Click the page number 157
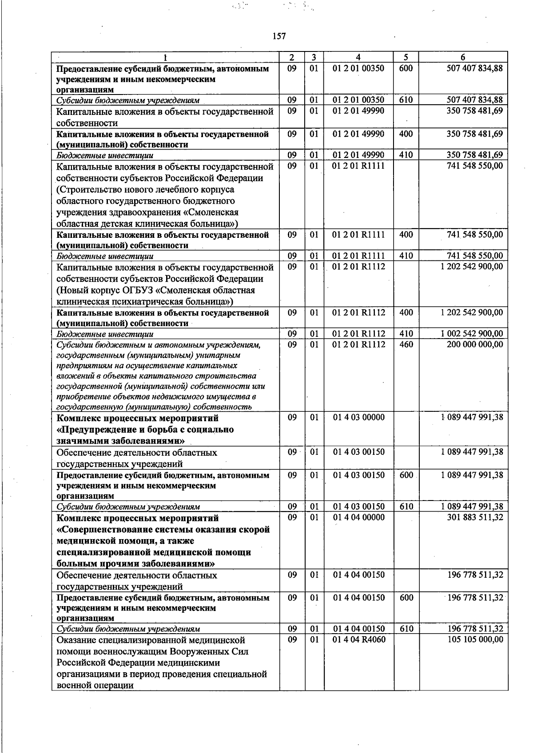point(279,36)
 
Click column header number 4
point(358,57)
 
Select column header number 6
point(463,57)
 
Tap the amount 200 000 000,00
point(474,344)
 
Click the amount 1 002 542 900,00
point(472,334)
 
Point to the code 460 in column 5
point(406,344)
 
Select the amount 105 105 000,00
point(474,639)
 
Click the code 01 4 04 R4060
point(359,639)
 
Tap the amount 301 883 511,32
point(474,517)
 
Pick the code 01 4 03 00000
point(359,418)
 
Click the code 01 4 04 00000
point(359,517)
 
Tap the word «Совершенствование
point(109,530)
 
